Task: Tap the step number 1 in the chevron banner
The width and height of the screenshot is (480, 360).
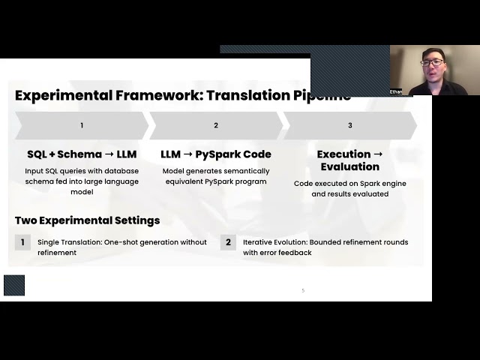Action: [x=82, y=125]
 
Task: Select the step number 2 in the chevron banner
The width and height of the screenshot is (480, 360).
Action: [x=216, y=125]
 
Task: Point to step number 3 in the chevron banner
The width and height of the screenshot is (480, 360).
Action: [x=349, y=125]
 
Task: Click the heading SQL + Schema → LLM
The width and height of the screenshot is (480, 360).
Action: [x=82, y=154]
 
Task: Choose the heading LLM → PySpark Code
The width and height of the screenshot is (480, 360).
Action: [x=216, y=154]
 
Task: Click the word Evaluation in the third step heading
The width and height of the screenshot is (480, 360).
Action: [x=349, y=166]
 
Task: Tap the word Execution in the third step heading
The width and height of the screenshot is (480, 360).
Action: [x=343, y=154]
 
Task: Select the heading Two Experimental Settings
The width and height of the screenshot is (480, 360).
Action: [x=87, y=220]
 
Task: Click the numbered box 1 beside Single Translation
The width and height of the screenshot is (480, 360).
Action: [x=22, y=242]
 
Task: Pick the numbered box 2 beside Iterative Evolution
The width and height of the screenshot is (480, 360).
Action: [x=229, y=242]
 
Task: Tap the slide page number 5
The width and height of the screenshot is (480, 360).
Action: [x=303, y=290]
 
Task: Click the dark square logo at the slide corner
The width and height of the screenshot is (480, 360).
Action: [x=14, y=285]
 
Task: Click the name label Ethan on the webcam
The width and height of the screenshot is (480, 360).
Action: [x=396, y=91]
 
